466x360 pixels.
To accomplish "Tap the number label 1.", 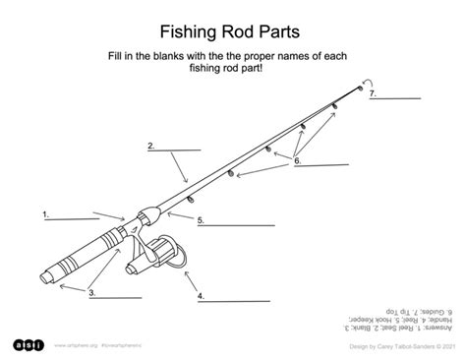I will tap(45, 212).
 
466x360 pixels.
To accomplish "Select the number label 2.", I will tap(151, 146).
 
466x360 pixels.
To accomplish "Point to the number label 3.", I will tap(91, 292).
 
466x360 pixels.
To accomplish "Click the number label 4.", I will tap(200, 294).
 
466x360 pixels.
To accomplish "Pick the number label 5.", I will tap(200, 220).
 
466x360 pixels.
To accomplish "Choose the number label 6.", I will tap(297, 161).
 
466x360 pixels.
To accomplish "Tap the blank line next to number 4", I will tap(231, 298).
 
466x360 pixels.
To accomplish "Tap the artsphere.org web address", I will tap(73, 346).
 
